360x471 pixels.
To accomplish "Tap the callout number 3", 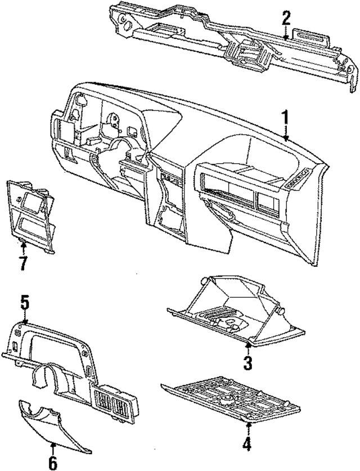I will [247, 362].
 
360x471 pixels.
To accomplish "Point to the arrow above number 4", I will [246, 427].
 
